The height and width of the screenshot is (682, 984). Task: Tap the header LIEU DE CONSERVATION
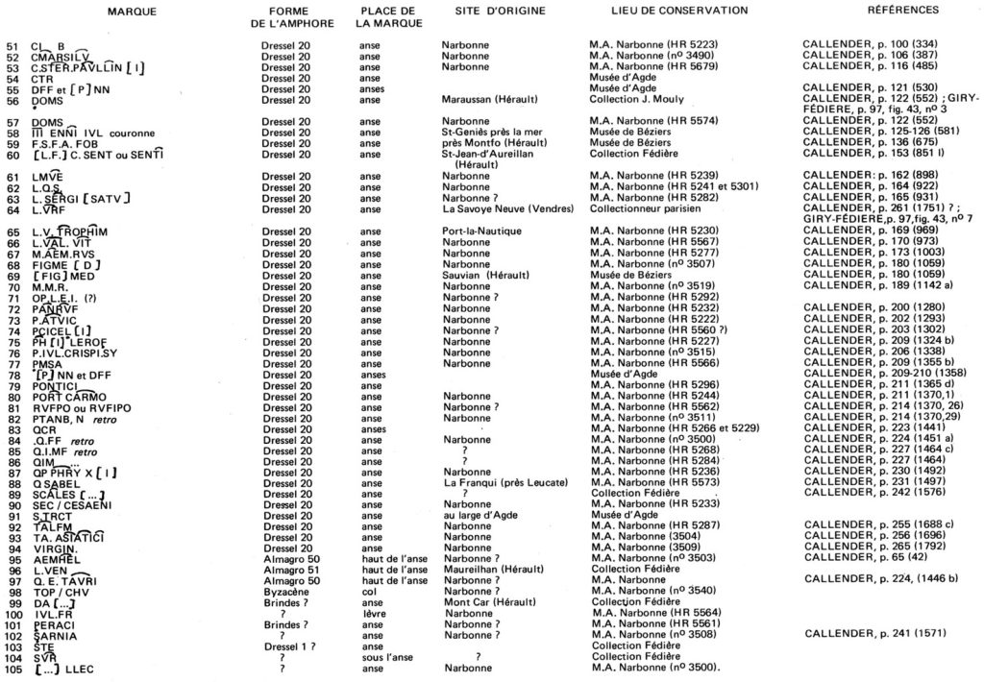[679, 11]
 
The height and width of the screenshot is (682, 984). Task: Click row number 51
[12, 45]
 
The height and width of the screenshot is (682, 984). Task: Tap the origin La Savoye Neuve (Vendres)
[507, 208]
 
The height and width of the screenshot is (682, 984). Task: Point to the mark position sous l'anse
[389, 657]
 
